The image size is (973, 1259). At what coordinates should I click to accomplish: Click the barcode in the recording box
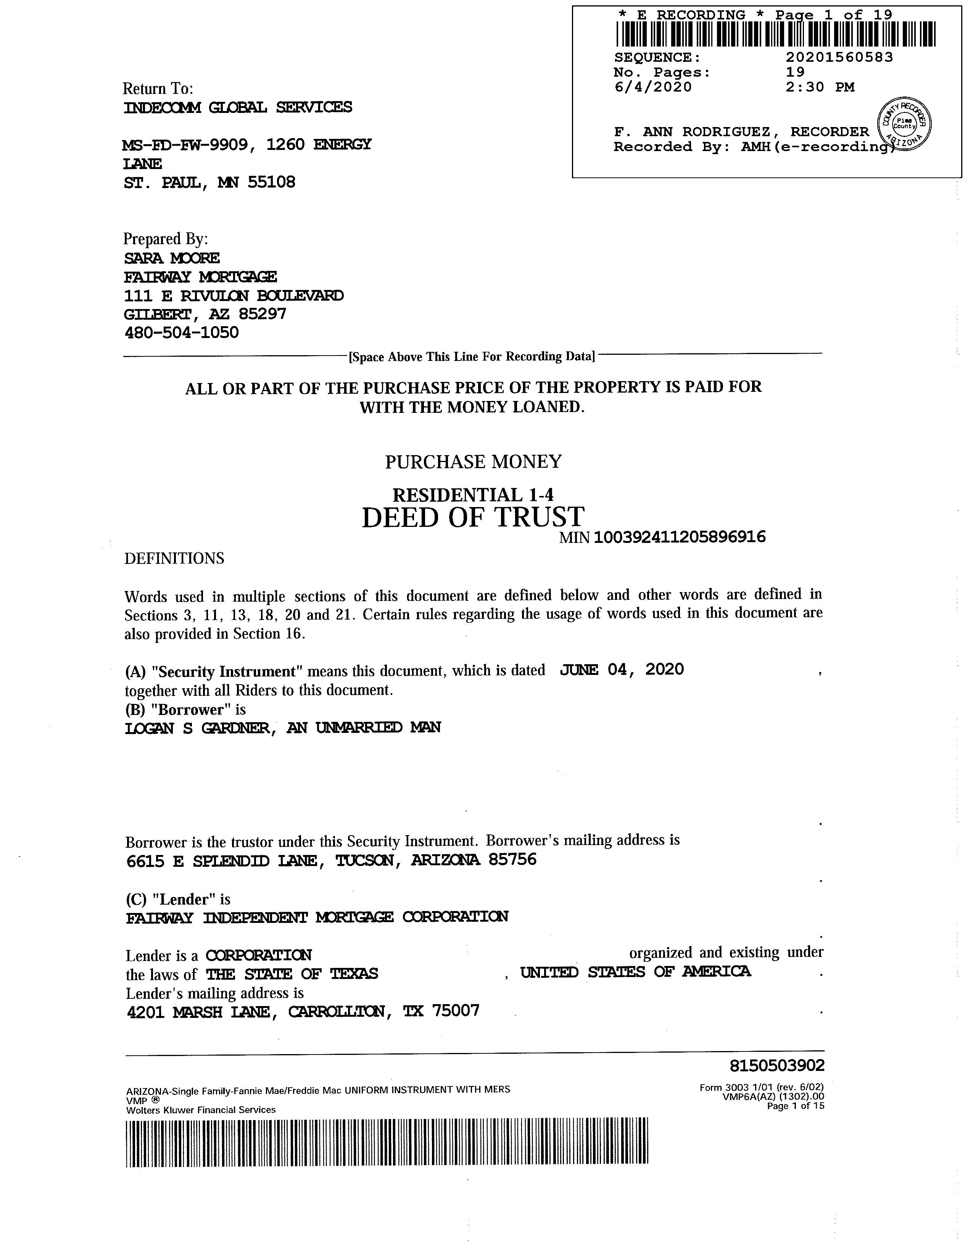[775, 34]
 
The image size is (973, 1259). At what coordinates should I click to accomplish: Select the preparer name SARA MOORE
[172, 258]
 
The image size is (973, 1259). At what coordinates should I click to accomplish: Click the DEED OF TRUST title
[473, 517]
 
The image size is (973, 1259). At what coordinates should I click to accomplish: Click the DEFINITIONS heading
[174, 558]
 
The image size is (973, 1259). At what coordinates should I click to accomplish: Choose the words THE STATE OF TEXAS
[292, 974]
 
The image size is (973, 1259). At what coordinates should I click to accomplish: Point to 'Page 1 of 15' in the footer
[795, 1106]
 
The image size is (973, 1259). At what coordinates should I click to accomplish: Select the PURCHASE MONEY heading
[473, 462]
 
